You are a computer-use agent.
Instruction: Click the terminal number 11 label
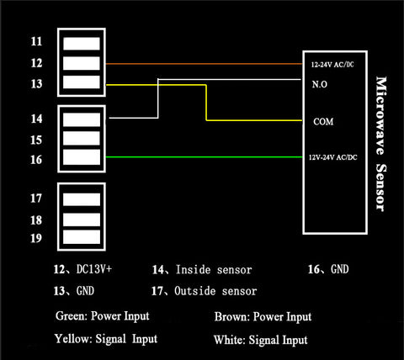[x=36, y=41]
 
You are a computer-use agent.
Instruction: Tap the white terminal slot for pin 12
[x=82, y=63]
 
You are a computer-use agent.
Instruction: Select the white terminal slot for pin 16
[x=82, y=157]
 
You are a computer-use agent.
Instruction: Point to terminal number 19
[x=36, y=238]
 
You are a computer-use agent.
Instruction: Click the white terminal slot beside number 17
[x=82, y=199]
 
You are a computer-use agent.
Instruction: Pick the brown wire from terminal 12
[x=204, y=64]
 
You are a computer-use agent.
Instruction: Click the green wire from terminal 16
[x=204, y=157]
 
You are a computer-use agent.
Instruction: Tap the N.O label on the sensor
[x=320, y=84]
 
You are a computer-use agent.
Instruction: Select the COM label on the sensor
[x=323, y=122]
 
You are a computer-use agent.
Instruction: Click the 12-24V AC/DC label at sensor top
[x=332, y=65]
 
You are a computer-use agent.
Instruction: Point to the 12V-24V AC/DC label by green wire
[x=333, y=157]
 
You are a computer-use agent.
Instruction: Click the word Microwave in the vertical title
[x=381, y=115]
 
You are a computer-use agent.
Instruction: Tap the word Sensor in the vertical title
[x=381, y=188]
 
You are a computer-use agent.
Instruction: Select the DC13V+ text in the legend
[x=94, y=269]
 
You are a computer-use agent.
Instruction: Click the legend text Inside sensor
[x=214, y=270]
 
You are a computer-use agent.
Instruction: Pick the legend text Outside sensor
[x=215, y=291]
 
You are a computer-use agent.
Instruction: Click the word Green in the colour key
[x=72, y=316]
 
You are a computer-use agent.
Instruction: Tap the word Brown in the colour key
[x=231, y=317]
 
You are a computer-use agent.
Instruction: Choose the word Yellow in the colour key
[x=73, y=339]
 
